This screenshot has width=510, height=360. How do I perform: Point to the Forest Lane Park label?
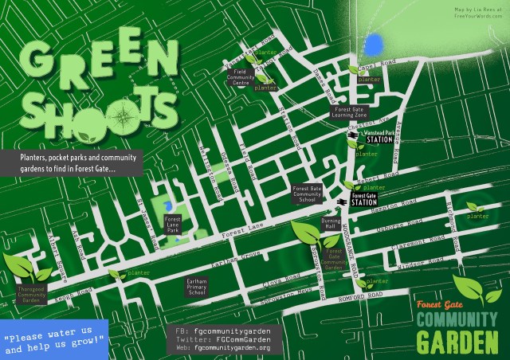[173, 222]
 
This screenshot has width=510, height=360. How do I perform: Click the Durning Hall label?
[331, 222]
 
